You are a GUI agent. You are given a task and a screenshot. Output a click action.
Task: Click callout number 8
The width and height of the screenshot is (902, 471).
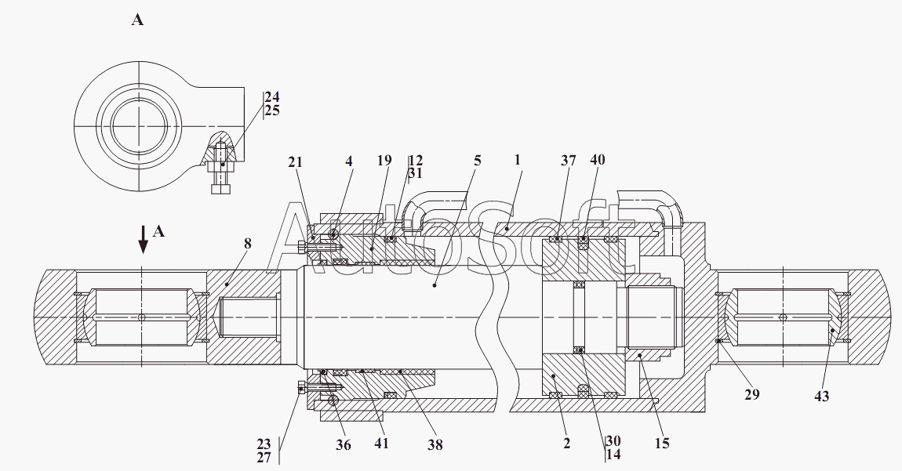point(247,244)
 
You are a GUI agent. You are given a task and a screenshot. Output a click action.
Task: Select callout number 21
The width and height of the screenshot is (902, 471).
point(295,162)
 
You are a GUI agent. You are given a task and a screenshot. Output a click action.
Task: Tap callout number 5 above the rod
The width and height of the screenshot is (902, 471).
point(477,161)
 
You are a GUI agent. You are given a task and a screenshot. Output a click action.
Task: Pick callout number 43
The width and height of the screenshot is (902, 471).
point(821,397)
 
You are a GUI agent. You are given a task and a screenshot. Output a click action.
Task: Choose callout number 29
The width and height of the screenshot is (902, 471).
point(752,395)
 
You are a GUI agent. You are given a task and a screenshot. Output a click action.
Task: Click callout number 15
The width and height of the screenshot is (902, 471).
point(662,444)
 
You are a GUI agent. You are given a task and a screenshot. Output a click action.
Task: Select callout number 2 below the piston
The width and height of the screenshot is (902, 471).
point(566,444)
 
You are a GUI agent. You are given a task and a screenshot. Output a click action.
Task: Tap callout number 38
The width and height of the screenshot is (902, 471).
point(435,445)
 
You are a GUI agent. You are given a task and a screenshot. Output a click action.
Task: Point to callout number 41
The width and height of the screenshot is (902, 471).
point(380,444)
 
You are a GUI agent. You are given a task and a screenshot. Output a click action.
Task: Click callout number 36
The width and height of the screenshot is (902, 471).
point(344,445)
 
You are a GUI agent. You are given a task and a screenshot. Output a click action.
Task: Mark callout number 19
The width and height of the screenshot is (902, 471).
point(384,161)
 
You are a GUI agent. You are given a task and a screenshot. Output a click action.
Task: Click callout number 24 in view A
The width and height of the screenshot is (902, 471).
point(271,97)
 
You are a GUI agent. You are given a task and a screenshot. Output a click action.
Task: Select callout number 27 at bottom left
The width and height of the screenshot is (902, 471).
point(264,458)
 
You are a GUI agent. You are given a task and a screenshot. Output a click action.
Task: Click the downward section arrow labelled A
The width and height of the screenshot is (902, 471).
point(143,239)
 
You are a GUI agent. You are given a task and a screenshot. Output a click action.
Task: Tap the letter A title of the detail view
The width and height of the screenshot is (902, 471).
point(137,20)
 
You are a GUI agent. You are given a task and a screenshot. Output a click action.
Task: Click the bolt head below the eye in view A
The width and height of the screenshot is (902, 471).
point(220,189)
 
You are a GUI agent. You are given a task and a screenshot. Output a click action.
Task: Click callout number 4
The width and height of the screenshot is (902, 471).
point(350,161)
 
